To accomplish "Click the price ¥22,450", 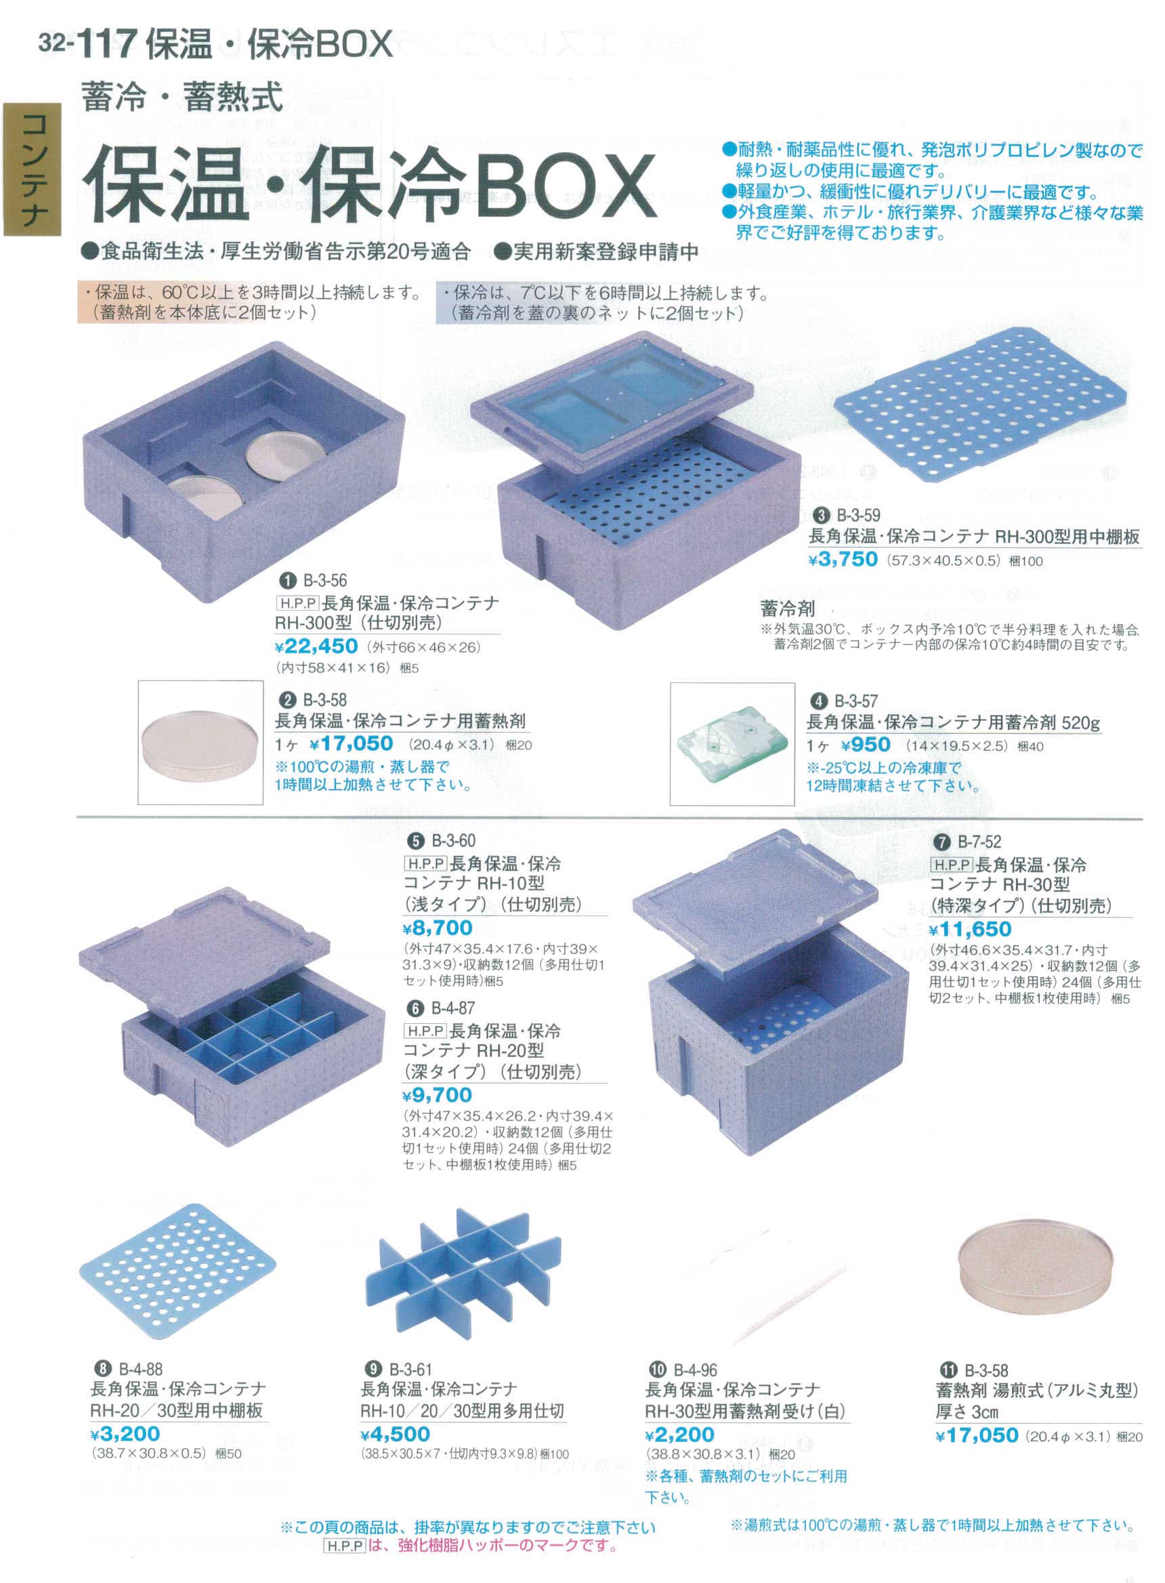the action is coord(316,646).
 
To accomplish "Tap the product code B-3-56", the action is coord(325,580).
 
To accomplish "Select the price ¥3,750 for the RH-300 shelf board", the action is coord(843,560).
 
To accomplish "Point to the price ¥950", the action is coord(866,745).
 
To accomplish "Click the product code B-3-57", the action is coord(855,701).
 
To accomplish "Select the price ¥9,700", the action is coord(438,1095).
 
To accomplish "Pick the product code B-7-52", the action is coord(979,842).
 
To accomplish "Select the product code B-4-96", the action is coord(696,1370).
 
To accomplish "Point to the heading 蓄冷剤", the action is coord(788,607).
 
